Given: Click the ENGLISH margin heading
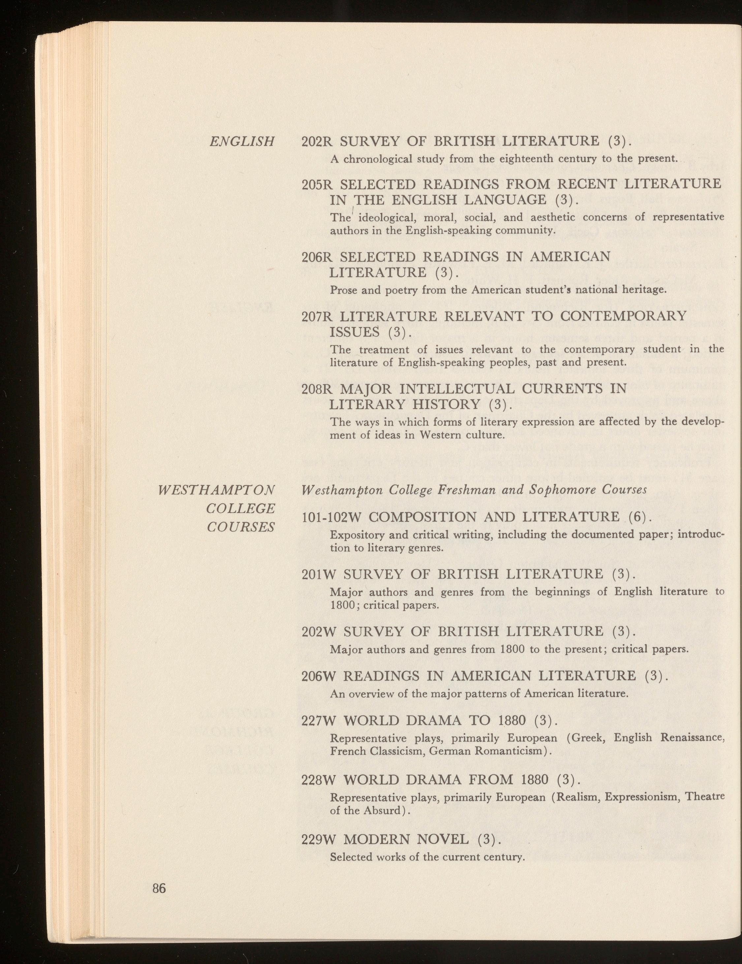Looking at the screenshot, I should pyautogui.click(x=242, y=142).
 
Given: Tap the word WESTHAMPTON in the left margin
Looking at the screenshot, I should pyautogui.click(x=216, y=490).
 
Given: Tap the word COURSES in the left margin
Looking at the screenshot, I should pyautogui.click(x=241, y=527).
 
